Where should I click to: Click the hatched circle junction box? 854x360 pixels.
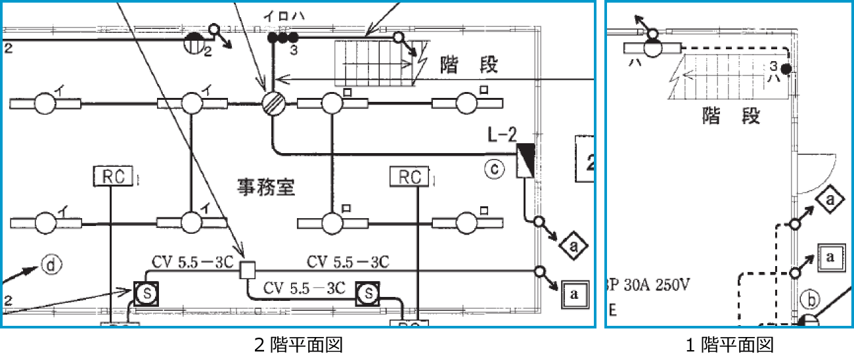[272, 104]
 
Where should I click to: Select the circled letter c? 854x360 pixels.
[494, 169]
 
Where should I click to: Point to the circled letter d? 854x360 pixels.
[51, 265]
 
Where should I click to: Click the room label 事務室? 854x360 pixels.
[265, 189]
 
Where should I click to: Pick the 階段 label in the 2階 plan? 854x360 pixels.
[469, 64]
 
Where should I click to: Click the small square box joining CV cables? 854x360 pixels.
[247, 270]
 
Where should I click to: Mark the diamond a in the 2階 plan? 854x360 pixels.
[573, 246]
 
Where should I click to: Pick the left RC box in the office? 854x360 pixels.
[113, 175]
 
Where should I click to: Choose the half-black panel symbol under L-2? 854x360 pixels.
[526, 161]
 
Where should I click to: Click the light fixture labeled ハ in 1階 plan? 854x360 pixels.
[654, 47]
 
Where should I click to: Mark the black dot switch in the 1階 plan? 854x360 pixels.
[785, 69]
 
